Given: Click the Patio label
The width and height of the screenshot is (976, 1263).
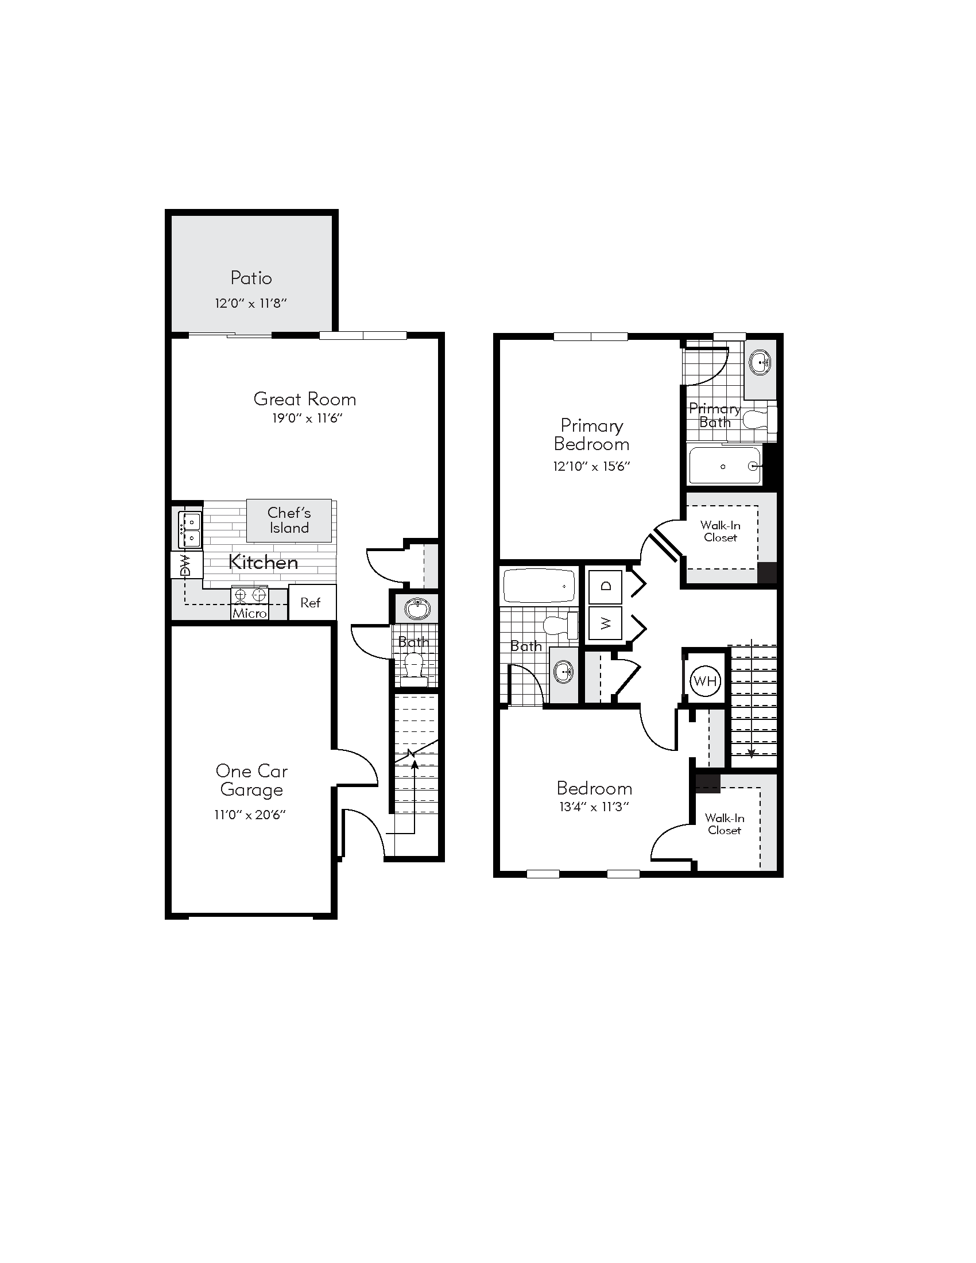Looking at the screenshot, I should (x=251, y=278).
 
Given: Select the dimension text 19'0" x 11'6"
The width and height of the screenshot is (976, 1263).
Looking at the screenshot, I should (x=307, y=418).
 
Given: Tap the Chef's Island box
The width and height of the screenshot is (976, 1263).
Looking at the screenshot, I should (x=289, y=520).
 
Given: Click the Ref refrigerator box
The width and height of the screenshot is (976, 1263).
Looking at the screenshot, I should (x=311, y=603).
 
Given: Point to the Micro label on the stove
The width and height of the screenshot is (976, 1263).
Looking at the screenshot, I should (x=250, y=613).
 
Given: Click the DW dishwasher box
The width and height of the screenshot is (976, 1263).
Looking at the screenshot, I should (x=186, y=565).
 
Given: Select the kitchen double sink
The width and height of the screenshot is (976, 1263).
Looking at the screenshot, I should (x=189, y=530).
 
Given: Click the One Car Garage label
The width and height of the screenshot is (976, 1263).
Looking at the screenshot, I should (x=251, y=780).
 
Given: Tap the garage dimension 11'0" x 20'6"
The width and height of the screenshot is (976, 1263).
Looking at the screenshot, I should (x=250, y=815).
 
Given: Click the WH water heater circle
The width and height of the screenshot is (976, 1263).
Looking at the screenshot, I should (x=705, y=681).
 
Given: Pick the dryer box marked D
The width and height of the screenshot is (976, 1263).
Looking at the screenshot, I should (x=605, y=586).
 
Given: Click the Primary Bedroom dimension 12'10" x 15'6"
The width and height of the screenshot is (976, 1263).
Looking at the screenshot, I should (x=591, y=466).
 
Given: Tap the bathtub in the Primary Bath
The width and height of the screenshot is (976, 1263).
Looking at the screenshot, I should (x=725, y=466).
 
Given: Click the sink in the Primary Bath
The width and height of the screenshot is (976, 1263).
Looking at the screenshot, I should (x=760, y=363).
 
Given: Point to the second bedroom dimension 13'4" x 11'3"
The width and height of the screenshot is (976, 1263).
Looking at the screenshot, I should (x=594, y=807).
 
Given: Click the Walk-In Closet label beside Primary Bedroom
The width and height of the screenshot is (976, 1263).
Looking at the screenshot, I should (x=720, y=531).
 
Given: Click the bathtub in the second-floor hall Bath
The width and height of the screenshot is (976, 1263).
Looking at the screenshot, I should (x=539, y=586).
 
